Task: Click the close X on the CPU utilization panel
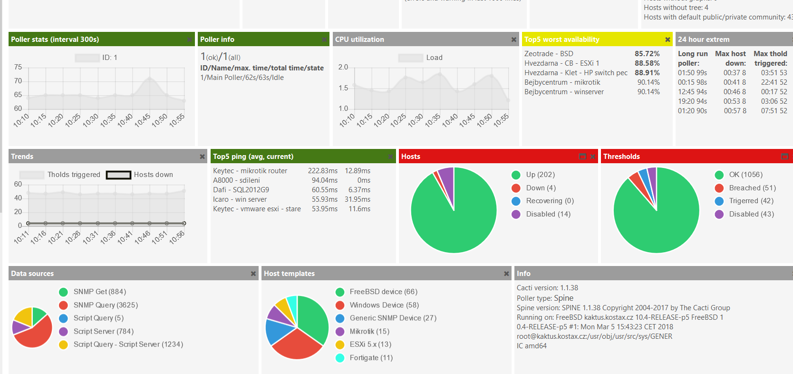pyautogui.click(x=513, y=39)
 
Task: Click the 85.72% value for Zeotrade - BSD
pyautogui.click(x=647, y=54)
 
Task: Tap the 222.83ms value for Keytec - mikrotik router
pyautogui.click(x=322, y=171)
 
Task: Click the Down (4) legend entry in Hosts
pyautogui.click(x=541, y=188)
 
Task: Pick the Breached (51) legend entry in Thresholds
pyautogui.click(x=752, y=188)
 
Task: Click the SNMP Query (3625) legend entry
pyautogui.click(x=105, y=305)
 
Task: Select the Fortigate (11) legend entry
pyautogui.click(x=371, y=358)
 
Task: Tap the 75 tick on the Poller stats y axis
pyautogui.click(x=18, y=67)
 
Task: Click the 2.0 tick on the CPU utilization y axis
pyautogui.click(x=343, y=67)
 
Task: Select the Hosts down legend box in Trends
pyautogui.click(x=118, y=175)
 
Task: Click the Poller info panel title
pyautogui.click(x=217, y=39)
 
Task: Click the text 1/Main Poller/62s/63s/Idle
pyautogui.click(x=242, y=78)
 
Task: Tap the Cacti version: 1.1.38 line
pyautogui.click(x=547, y=288)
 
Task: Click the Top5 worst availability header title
pyautogui.click(x=561, y=39)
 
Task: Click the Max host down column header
pyautogui.click(x=730, y=58)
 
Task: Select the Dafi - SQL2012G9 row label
pyautogui.click(x=241, y=190)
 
